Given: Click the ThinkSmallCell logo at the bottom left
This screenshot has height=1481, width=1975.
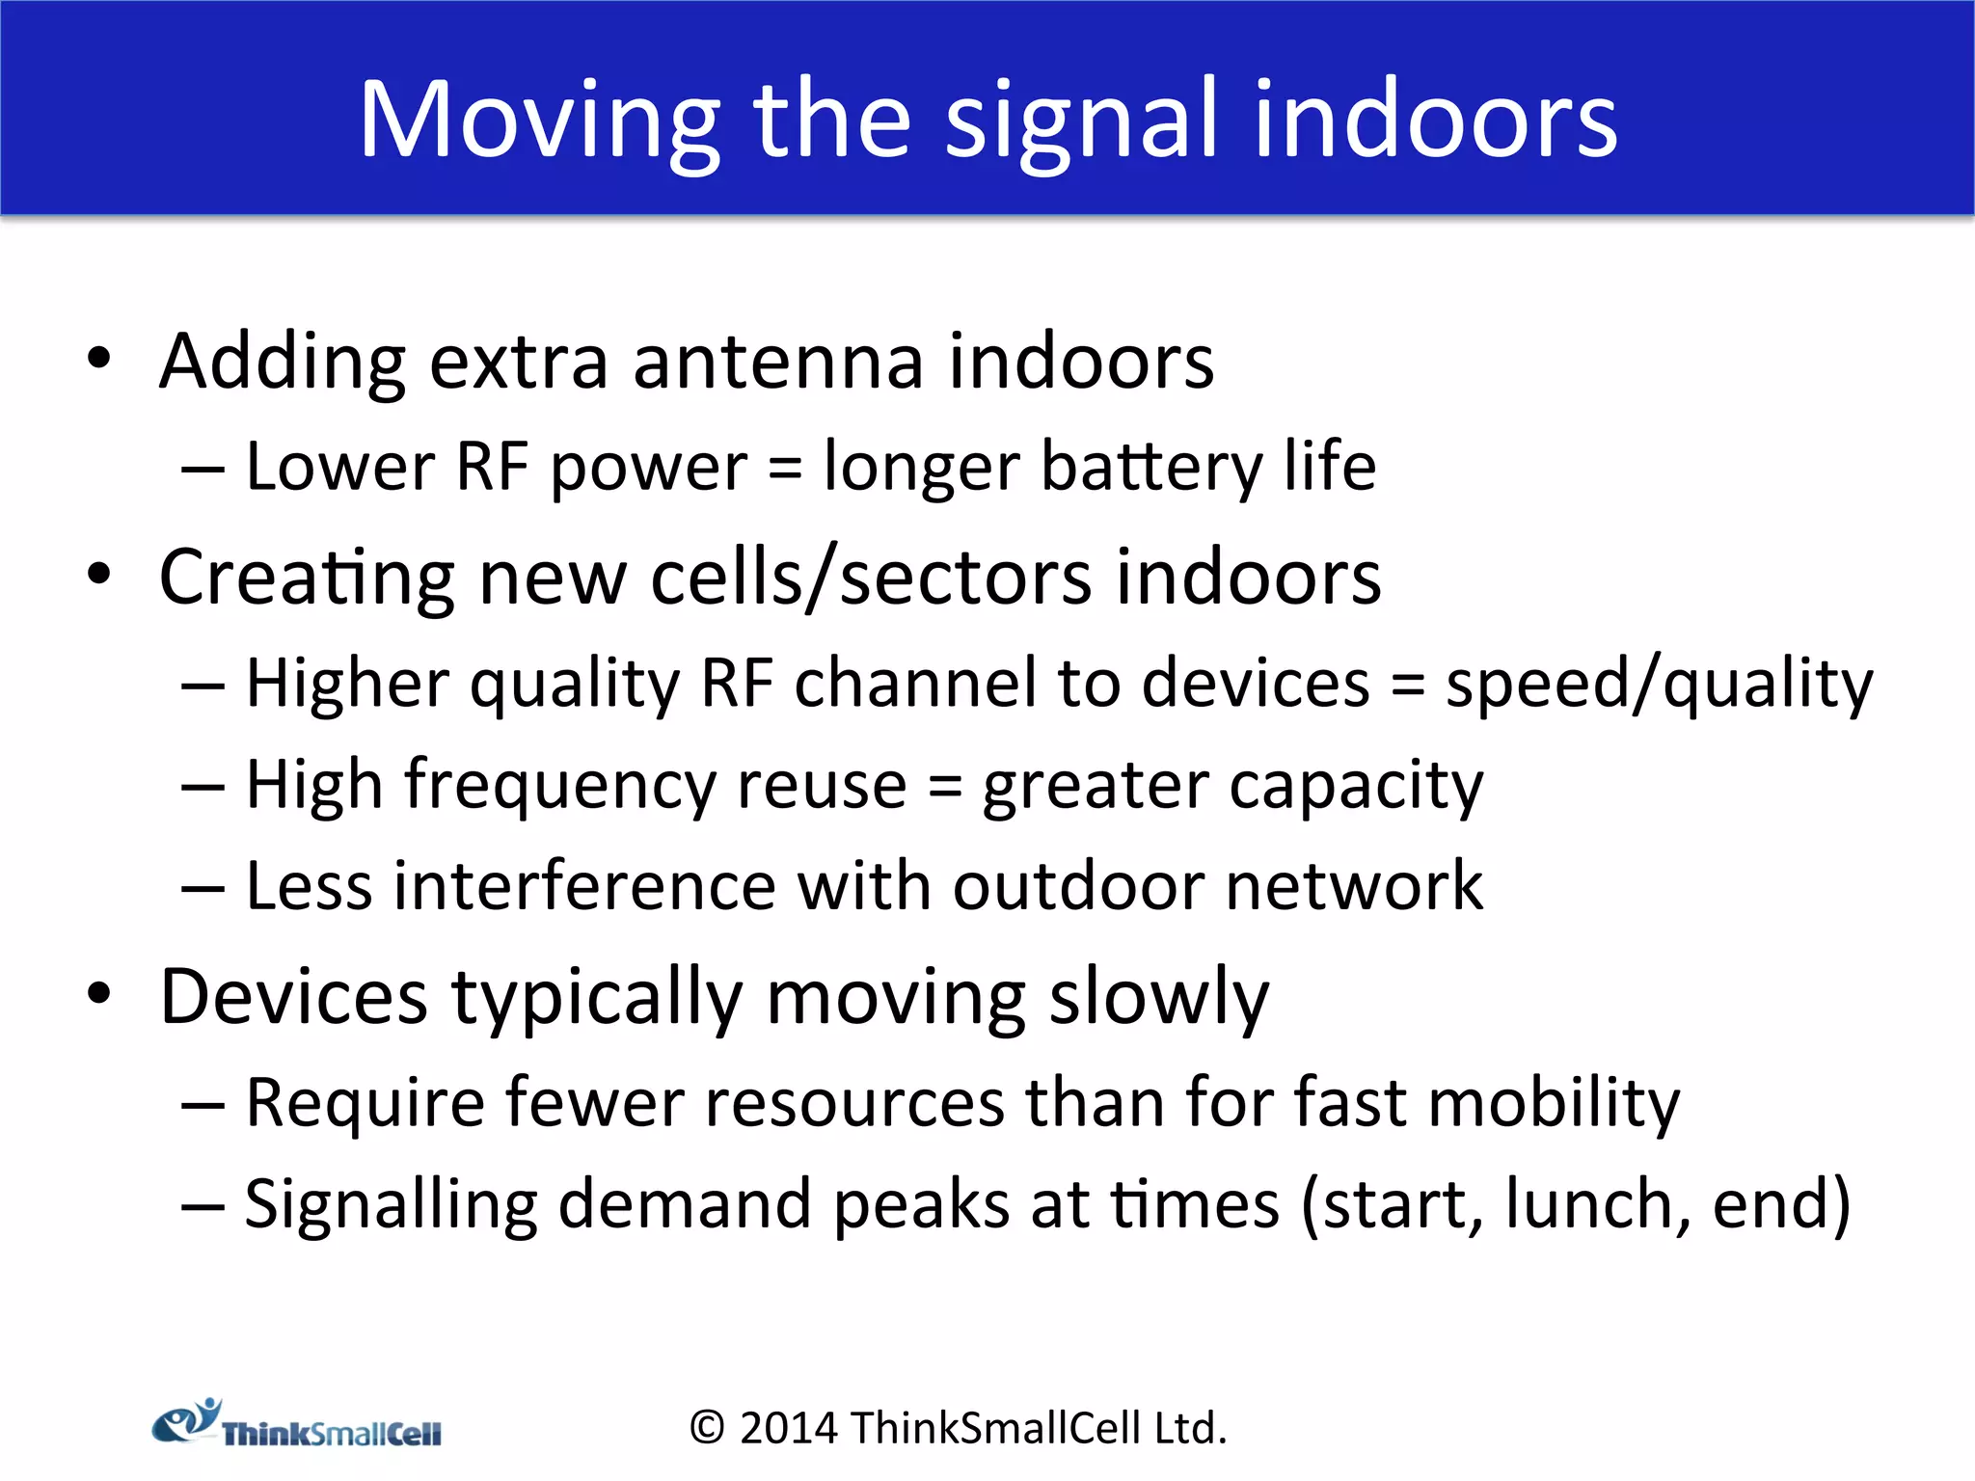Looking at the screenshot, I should pyautogui.click(x=296, y=1424).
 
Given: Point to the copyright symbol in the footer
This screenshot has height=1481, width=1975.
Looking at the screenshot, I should pyautogui.click(x=707, y=1428).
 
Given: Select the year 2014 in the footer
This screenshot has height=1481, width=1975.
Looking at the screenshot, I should pyautogui.click(x=788, y=1428).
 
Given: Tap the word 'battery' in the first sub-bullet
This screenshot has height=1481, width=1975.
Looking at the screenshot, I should pyautogui.click(x=1151, y=467).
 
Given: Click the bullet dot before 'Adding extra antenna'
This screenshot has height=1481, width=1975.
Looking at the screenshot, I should pyautogui.click(x=99, y=360).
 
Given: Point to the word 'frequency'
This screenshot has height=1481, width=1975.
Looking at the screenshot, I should pyautogui.click(x=558, y=785).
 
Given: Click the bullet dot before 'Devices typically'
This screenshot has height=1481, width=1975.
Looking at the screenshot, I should pyautogui.click(x=99, y=994).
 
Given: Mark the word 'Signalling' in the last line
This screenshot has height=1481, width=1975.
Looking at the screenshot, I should pyautogui.click(x=390, y=1204).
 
